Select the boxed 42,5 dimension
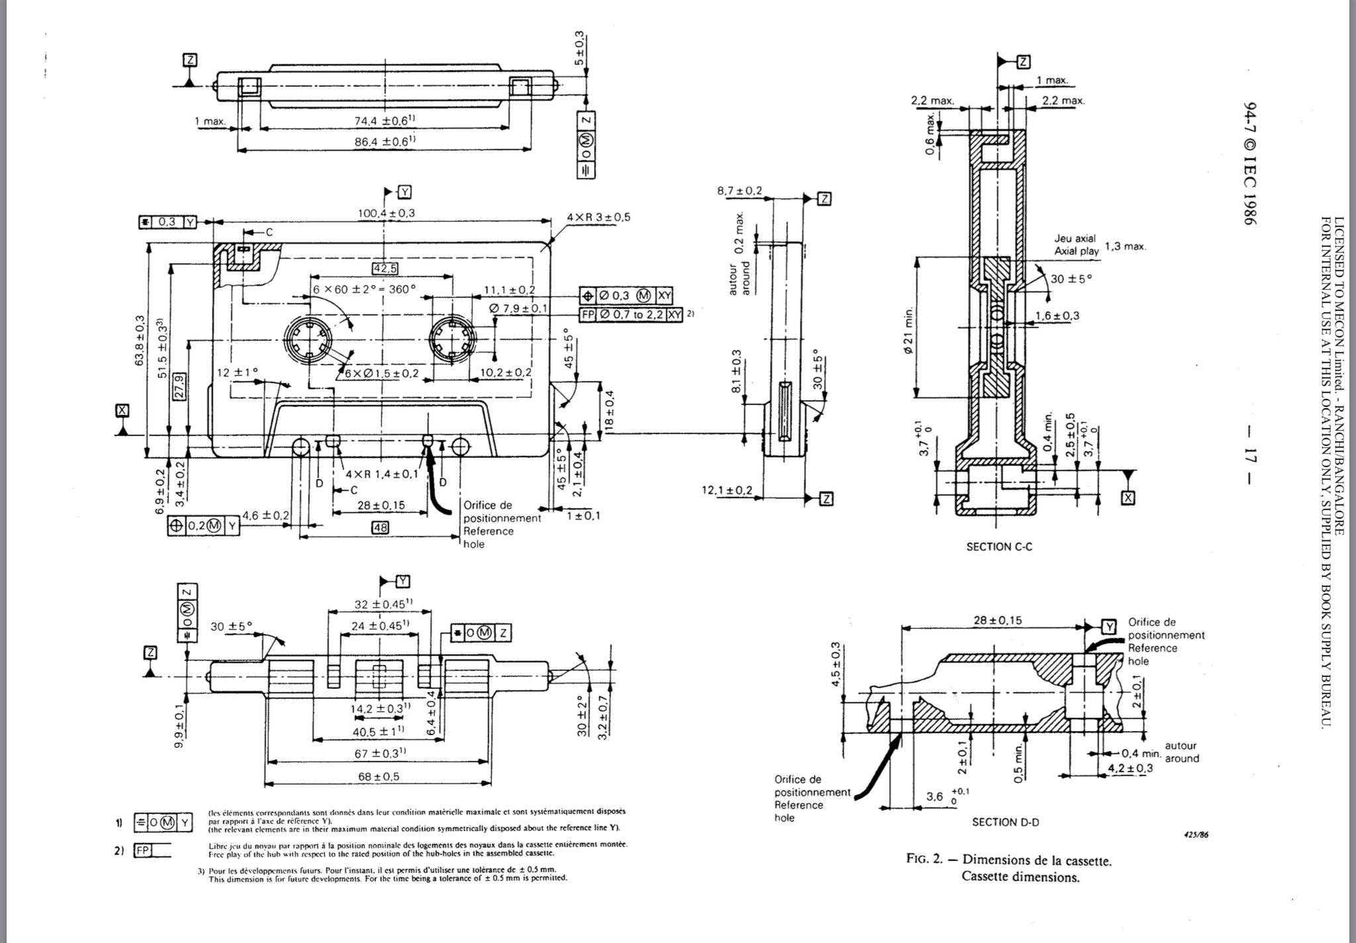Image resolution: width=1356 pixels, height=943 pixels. [x=385, y=268]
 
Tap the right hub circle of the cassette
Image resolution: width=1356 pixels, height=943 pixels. [x=453, y=341]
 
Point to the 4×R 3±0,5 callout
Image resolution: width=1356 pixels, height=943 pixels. [x=599, y=217]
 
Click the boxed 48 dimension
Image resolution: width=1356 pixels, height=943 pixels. [x=379, y=527]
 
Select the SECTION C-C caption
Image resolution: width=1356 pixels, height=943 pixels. [x=999, y=547]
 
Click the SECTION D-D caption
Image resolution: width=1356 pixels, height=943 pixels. [x=1005, y=822]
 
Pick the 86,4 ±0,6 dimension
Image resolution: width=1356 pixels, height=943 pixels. [x=385, y=141]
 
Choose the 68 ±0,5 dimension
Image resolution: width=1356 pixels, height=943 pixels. [x=378, y=776]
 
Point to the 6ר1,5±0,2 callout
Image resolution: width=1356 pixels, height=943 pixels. [x=381, y=373]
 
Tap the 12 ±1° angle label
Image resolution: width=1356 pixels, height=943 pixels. [x=237, y=372]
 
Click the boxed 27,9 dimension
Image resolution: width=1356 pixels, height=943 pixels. [x=179, y=385]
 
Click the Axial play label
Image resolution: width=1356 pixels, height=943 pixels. [x=1076, y=251]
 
